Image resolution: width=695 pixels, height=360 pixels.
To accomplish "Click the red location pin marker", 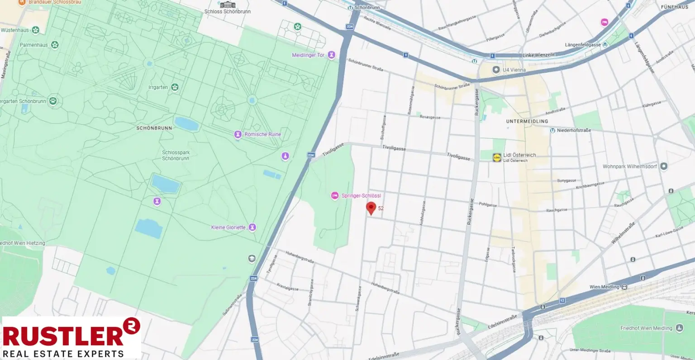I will [371, 208].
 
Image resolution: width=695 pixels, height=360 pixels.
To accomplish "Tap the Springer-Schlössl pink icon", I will [335, 195].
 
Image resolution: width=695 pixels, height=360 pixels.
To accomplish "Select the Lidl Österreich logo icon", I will [497, 157].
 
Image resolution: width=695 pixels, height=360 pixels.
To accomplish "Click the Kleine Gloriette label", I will [228, 227].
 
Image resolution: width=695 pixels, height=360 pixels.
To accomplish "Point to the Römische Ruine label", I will [262, 134].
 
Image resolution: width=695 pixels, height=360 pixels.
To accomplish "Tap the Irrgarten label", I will [158, 87].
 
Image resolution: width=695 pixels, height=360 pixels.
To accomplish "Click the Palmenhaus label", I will [33, 45].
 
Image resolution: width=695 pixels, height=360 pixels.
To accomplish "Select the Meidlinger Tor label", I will [308, 55].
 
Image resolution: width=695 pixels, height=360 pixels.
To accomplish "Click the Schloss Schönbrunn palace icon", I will [228, 5].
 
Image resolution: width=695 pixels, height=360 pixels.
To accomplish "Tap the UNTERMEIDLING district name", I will [527, 121].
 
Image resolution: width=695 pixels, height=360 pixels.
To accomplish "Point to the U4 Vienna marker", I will [496, 70].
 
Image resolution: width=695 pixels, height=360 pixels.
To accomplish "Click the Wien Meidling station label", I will [604, 287].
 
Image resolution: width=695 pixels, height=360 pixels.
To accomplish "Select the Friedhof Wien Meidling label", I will [646, 328].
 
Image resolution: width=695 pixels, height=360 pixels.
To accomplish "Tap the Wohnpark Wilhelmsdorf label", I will [629, 166].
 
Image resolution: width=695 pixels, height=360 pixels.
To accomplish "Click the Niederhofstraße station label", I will [574, 130].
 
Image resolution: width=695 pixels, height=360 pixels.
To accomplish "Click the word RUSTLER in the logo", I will [63, 336].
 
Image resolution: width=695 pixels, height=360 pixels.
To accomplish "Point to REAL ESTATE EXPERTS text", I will [63, 354].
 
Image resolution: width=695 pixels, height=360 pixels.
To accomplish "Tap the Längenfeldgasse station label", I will [583, 45].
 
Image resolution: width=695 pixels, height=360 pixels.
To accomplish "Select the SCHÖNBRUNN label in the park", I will [154, 128].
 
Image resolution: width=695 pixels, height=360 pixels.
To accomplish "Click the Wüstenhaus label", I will [15, 30].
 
